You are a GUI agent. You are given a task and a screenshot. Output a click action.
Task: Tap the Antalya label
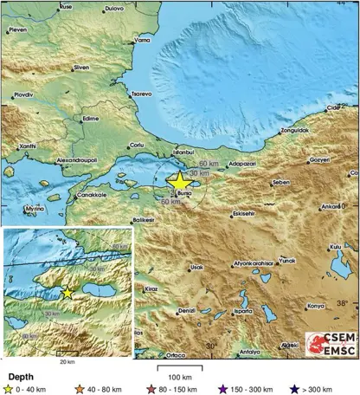tap(250, 352)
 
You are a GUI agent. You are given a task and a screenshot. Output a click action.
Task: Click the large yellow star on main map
tap(179, 180)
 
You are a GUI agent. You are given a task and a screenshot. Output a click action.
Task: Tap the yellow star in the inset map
tap(68, 293)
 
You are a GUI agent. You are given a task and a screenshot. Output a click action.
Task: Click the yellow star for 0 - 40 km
tap(10, 388)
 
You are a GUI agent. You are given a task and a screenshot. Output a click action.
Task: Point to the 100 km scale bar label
tap(179, 376)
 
